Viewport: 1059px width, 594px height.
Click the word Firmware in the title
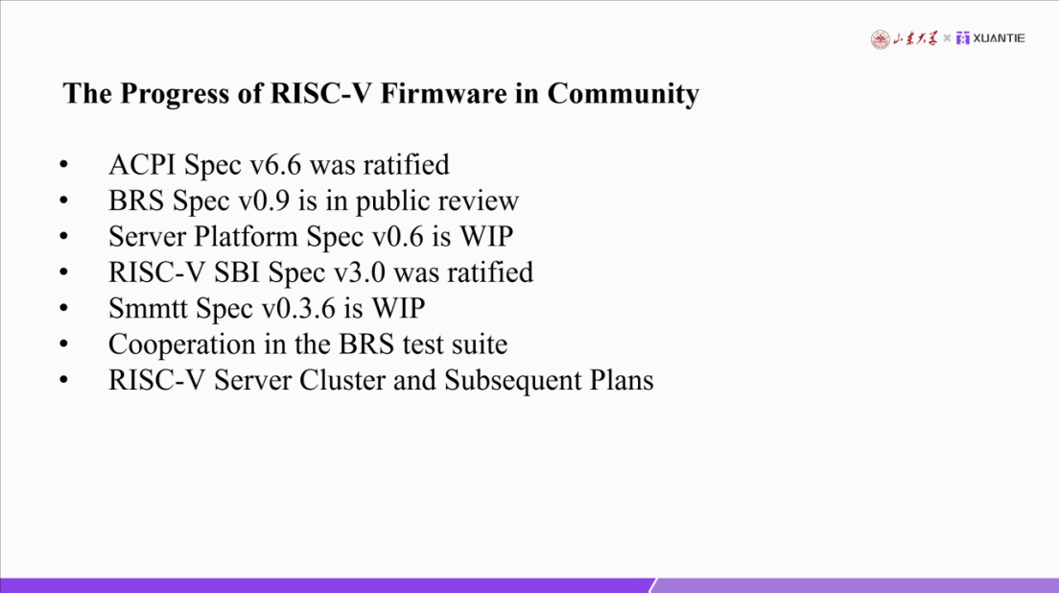443,93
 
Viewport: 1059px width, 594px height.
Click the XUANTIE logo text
999,38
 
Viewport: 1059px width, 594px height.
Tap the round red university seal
880,39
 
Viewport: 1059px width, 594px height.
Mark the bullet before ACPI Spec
64,165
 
